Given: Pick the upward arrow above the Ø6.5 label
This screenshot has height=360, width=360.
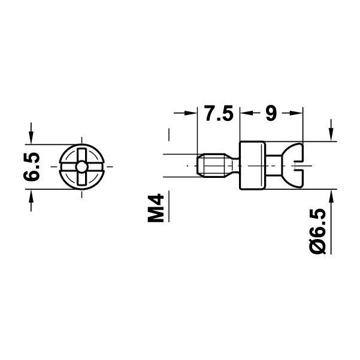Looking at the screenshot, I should [331, 197].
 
